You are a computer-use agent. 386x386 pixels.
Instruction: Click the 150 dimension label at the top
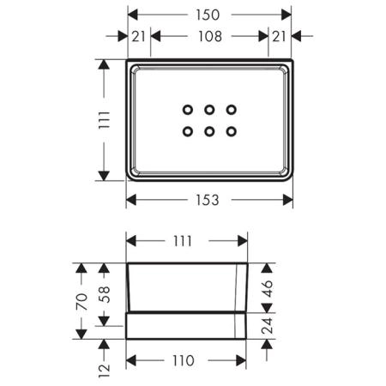pos(208,15)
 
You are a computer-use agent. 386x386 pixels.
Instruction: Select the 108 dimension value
pos(210,36)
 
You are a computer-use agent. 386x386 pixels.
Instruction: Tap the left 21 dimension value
pos(139,36)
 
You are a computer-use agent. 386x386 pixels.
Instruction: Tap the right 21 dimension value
pos(279,36)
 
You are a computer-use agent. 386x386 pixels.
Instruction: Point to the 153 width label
pos(208,200)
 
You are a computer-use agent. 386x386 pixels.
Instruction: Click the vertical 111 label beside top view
pos(104,120)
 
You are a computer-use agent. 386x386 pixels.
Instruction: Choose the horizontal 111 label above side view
pos(183,241)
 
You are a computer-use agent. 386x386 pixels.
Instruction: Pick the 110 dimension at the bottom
pos(184,360)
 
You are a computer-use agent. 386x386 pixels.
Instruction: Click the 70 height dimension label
pos(81,301)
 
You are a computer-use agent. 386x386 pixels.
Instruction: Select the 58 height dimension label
pos(104,294)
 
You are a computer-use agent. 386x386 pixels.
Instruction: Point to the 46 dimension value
pos(267,288)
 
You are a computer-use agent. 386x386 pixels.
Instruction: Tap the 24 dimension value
pos(267,326)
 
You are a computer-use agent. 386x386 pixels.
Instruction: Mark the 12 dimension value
pos(104,371)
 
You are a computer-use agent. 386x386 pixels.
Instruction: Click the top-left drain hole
pos(188,110)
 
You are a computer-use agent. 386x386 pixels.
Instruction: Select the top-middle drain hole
pos(209,110)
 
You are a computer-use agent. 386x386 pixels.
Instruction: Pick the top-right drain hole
pos(232,110)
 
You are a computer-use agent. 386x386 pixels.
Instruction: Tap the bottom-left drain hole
pos(188,131)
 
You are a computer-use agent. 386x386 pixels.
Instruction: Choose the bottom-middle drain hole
pos(209,131)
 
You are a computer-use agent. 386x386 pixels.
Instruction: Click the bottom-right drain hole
pos(232,131)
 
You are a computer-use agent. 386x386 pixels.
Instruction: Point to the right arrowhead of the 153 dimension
pos(288,200)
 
